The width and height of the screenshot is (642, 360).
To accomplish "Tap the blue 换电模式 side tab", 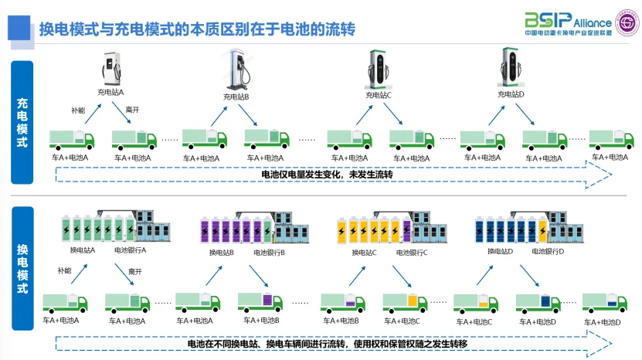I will click(22, 267).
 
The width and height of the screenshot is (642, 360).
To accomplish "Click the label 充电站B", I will click(236, 97).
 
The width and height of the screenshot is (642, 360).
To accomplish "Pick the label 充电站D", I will click(511, 94).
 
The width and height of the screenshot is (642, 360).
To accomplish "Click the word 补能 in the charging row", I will click(78, 110).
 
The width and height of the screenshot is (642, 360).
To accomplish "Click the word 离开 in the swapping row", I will click(135, 271).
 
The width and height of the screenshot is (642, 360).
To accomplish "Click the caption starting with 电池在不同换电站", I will click(328, 343).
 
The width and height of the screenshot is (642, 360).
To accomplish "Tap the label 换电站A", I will click(83, 250).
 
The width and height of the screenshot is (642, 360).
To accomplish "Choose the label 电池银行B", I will click(269, 253).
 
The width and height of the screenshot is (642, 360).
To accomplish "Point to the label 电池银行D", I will click(548, 251).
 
